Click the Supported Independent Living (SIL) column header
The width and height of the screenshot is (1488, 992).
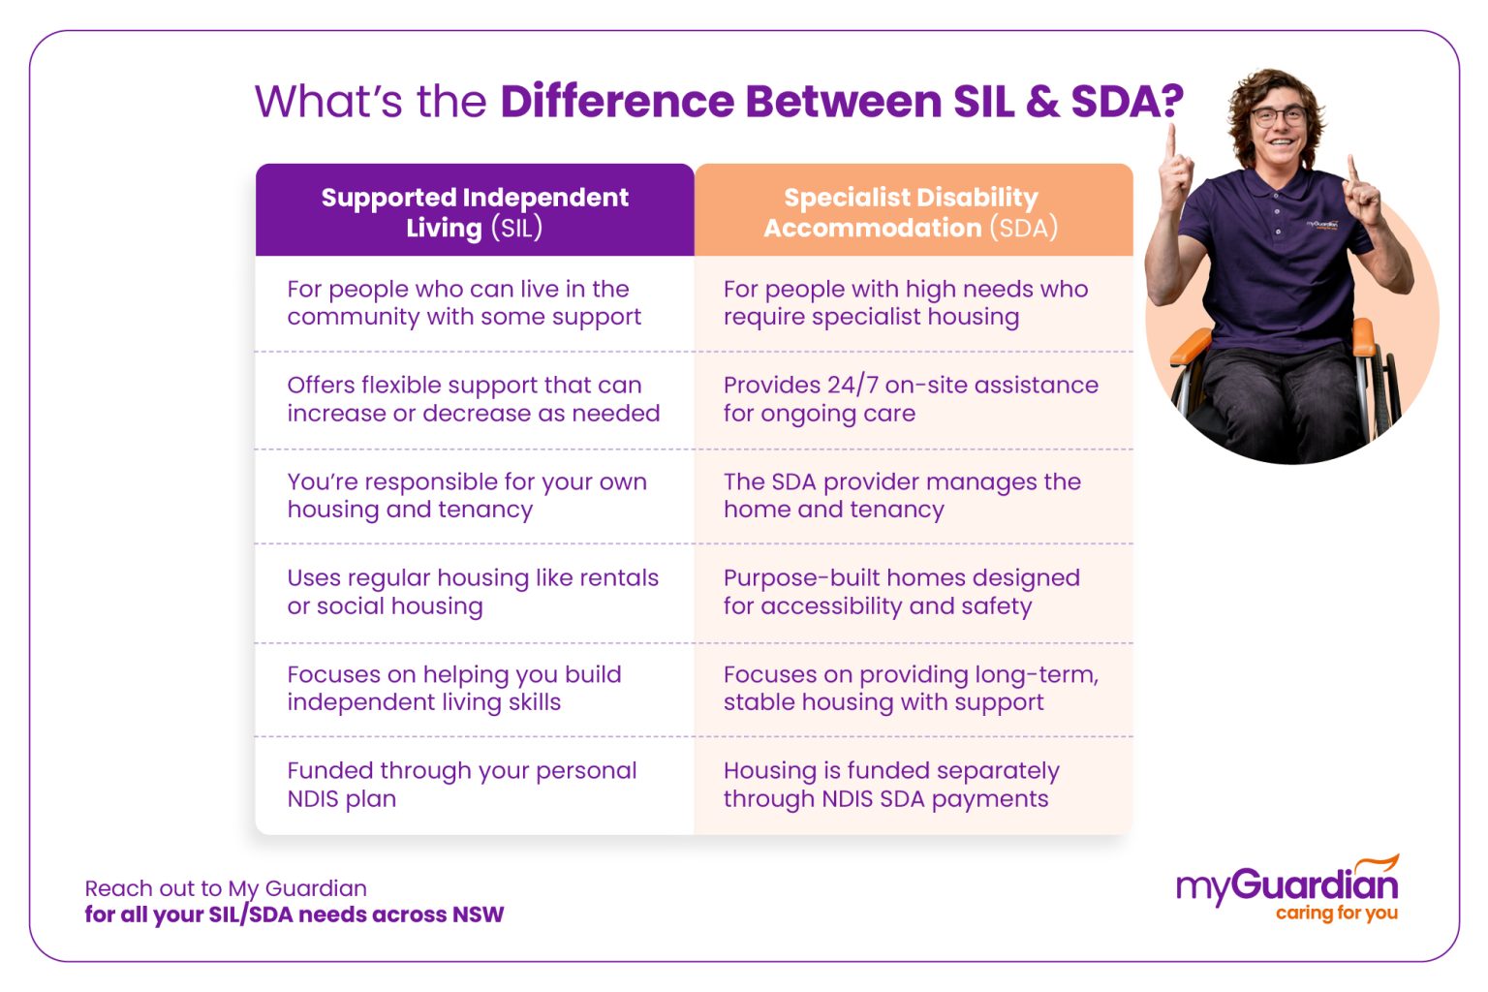[475, 211]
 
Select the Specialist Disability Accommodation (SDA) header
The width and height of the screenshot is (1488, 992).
[911, 211]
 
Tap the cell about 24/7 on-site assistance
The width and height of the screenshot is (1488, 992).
[911, 399]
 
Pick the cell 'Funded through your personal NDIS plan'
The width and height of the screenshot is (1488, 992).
[461, 785]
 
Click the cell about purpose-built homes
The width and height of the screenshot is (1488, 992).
[901, 592]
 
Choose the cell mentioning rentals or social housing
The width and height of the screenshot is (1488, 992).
[473, 592]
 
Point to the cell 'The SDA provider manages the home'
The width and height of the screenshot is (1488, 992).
[901, 496]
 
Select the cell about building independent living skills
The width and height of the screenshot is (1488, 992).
[453, 688]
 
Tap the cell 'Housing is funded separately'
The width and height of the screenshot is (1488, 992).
[891, 785]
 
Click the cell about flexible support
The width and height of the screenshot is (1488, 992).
[473, 399]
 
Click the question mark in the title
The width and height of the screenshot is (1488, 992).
[1171, 102]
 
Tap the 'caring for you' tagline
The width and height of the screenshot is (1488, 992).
[1336, 913]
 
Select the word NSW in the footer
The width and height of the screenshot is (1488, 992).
[478, 914]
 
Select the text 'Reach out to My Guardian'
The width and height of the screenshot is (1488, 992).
[226, 888]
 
